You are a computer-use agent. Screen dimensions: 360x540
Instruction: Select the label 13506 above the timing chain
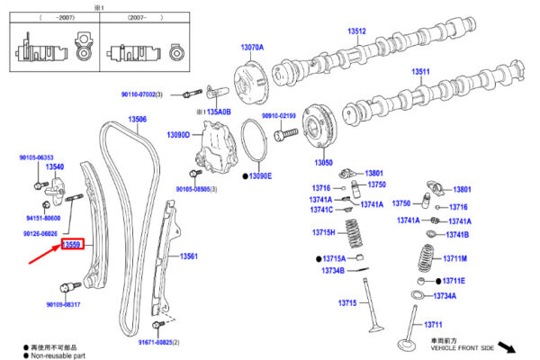click(x=137, y=120)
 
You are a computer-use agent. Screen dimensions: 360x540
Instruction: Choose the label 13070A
click(x=252, y=46)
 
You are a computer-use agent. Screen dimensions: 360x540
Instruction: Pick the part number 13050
click(x=323, y=163)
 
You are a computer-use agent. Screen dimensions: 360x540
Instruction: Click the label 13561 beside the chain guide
click(x=188, y=256)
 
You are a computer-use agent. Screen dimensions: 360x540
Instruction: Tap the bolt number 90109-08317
click(x=62, y=304)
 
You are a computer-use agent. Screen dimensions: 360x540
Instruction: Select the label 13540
click(x=55, y=167)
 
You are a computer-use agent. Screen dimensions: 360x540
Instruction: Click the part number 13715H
click(x=323, y=233)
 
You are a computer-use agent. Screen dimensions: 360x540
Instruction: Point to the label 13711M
click(x=454, y=258)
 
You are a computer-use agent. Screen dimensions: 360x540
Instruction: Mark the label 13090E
click(x=260, y=175)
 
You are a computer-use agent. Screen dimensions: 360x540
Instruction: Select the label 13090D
click(x=178, y=135)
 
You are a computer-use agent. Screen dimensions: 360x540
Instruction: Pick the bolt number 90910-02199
click(x=279, y=116)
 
